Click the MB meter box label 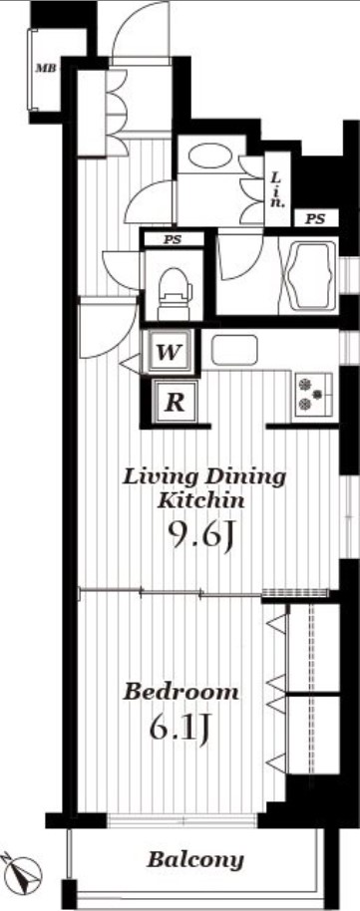pyautogui.click(x=46, y=69)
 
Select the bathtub pyautogui.click(x=308, y=275)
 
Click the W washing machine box pyautogui.click(x=170, y=352)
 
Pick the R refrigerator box pyautogui.click(x=175, y=402)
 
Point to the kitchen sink pyautogui.click(x=234, y=350)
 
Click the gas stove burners pyautogui.click(x=312, y=394)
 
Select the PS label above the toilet pyautogui.click(x=173, y=239)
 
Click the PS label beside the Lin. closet pyautogui.click(x=315, y=219)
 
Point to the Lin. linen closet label pyautogui.click(x=278, y=189)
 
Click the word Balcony pyautogui.click(x=194, y=859)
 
